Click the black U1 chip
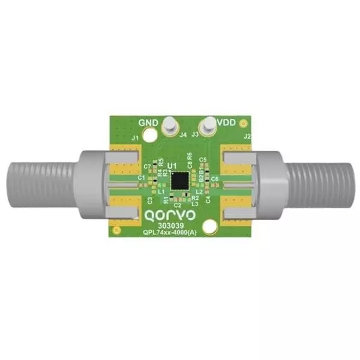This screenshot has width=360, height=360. point(179,179)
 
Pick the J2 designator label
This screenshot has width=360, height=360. point(247,137)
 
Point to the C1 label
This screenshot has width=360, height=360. point(142,178)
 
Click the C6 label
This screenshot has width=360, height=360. point(215,179)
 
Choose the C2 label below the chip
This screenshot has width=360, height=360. point(177,205)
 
